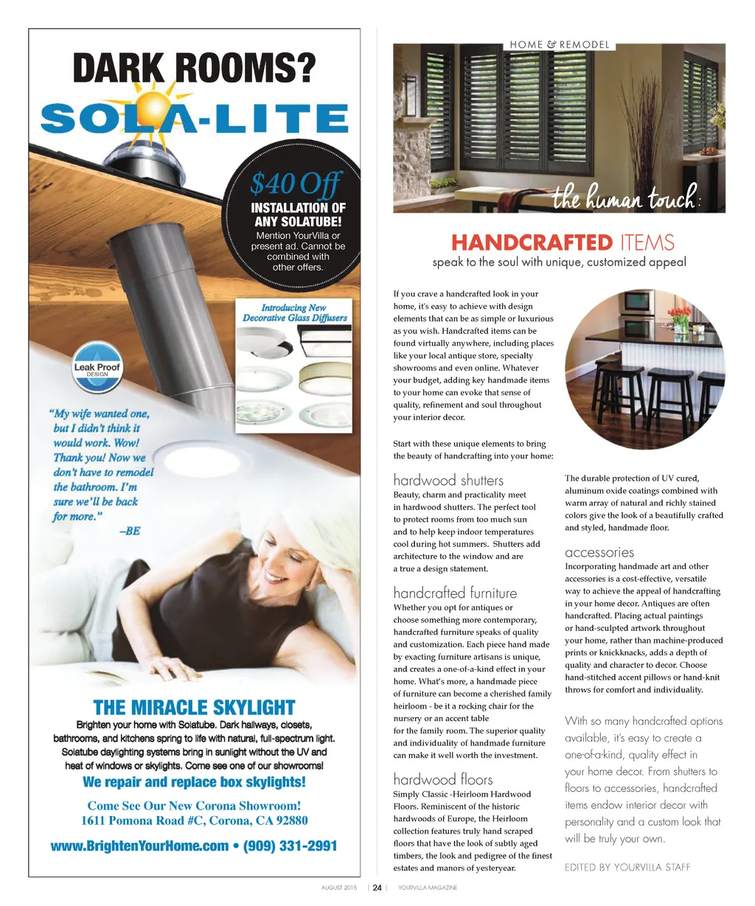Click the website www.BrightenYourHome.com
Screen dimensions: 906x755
pos(139,846)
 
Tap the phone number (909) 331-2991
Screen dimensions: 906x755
pos(290,846)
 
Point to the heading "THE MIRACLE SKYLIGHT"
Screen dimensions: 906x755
pos(194,708)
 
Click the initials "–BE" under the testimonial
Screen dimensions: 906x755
pos(129,531)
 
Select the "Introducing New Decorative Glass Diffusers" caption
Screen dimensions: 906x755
pos(295,313)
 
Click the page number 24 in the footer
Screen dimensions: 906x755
pos(377,888)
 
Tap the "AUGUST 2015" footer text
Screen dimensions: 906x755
pos(339,888)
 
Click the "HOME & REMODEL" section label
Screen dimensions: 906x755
pos(560,45)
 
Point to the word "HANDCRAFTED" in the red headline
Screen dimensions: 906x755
pos(531,243)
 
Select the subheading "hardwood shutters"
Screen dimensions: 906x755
pos(448,481)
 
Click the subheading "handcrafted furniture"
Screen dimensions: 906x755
pos(455,593)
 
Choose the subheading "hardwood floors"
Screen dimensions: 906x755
pos(442,779)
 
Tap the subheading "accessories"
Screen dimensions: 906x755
pos(599,552)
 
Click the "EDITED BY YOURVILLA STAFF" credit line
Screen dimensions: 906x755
pos(627,867)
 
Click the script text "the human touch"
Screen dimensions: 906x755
pos(624,198)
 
